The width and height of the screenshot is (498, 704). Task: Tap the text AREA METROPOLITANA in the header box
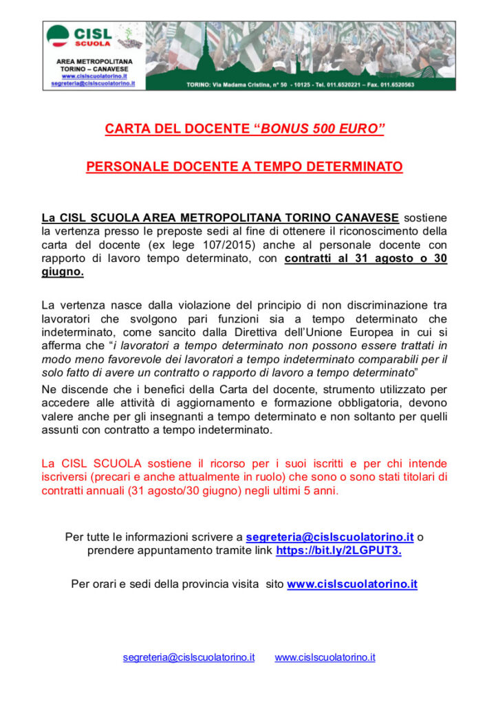click(x=94, y=61)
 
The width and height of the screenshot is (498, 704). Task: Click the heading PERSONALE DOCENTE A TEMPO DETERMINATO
click(x=244, y=167)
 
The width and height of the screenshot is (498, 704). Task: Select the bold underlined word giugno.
click(x=63, y=272)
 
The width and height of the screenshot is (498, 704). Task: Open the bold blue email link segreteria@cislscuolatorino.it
click(x=329, y=536)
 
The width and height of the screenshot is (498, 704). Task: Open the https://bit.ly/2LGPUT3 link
click(x=338, y=550)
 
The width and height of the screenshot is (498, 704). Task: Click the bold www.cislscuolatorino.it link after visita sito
click(x=352, y=584)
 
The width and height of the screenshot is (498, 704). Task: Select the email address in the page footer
click(x=188, y=657)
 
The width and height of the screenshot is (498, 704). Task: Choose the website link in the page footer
click(x=325, y=657)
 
